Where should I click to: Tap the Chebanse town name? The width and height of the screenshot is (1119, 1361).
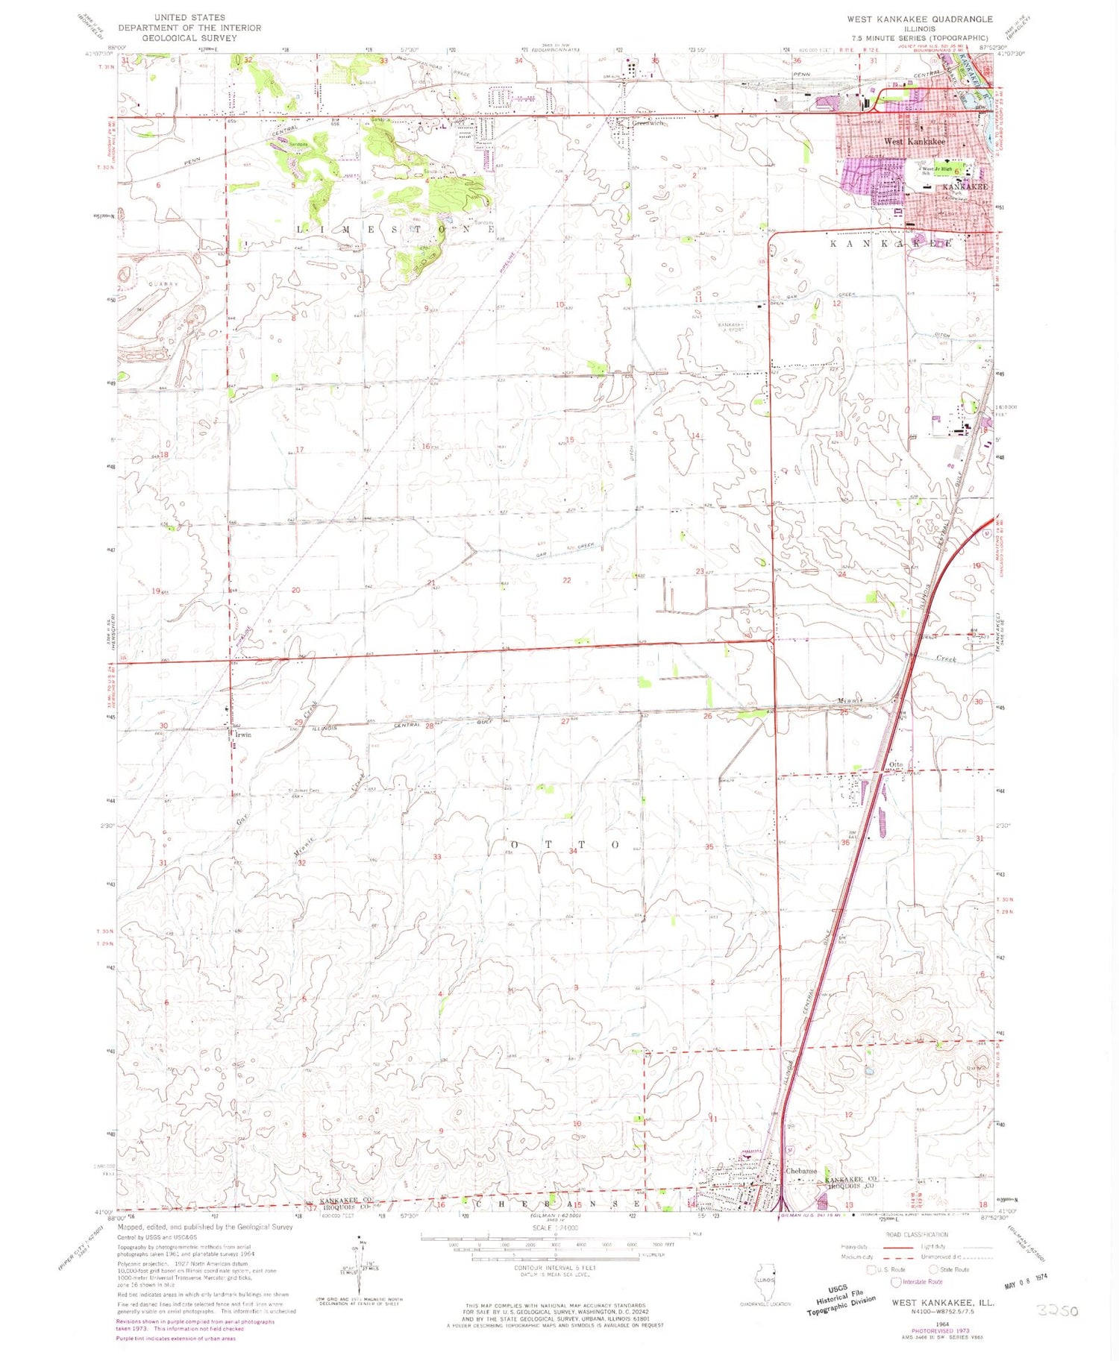click(801, 1171)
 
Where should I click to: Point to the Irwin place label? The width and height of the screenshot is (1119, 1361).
click(243, 735)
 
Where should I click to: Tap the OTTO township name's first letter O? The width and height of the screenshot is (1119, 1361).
click(490, 844)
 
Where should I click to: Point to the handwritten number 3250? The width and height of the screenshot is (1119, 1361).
click(1057, 1310)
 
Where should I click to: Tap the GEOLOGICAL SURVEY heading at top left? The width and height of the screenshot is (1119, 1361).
click(189, 37)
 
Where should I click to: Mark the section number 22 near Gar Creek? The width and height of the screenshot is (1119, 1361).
click(567, 580)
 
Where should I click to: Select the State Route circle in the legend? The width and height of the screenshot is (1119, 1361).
click(933, 1269)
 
